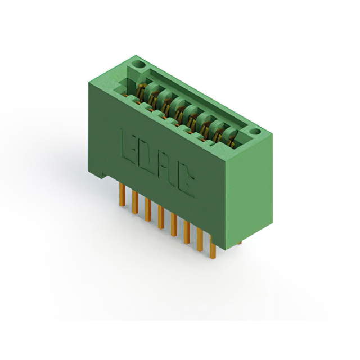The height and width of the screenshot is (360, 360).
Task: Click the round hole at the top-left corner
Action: pyautogui.click(x=139, y=65)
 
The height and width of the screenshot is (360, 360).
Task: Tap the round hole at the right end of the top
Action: pyautogui.click(x=255, y=132)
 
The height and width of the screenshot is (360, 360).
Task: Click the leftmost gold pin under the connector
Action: pyautogui.click(x=123, y=195)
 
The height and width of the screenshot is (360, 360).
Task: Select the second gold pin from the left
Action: pyautogui.click(x=135, y=202)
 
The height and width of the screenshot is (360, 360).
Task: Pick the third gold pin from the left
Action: pyautogui.click(x=148, y=210)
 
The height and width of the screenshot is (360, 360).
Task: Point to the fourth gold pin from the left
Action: pyautogui.click(x=161, y=217)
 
